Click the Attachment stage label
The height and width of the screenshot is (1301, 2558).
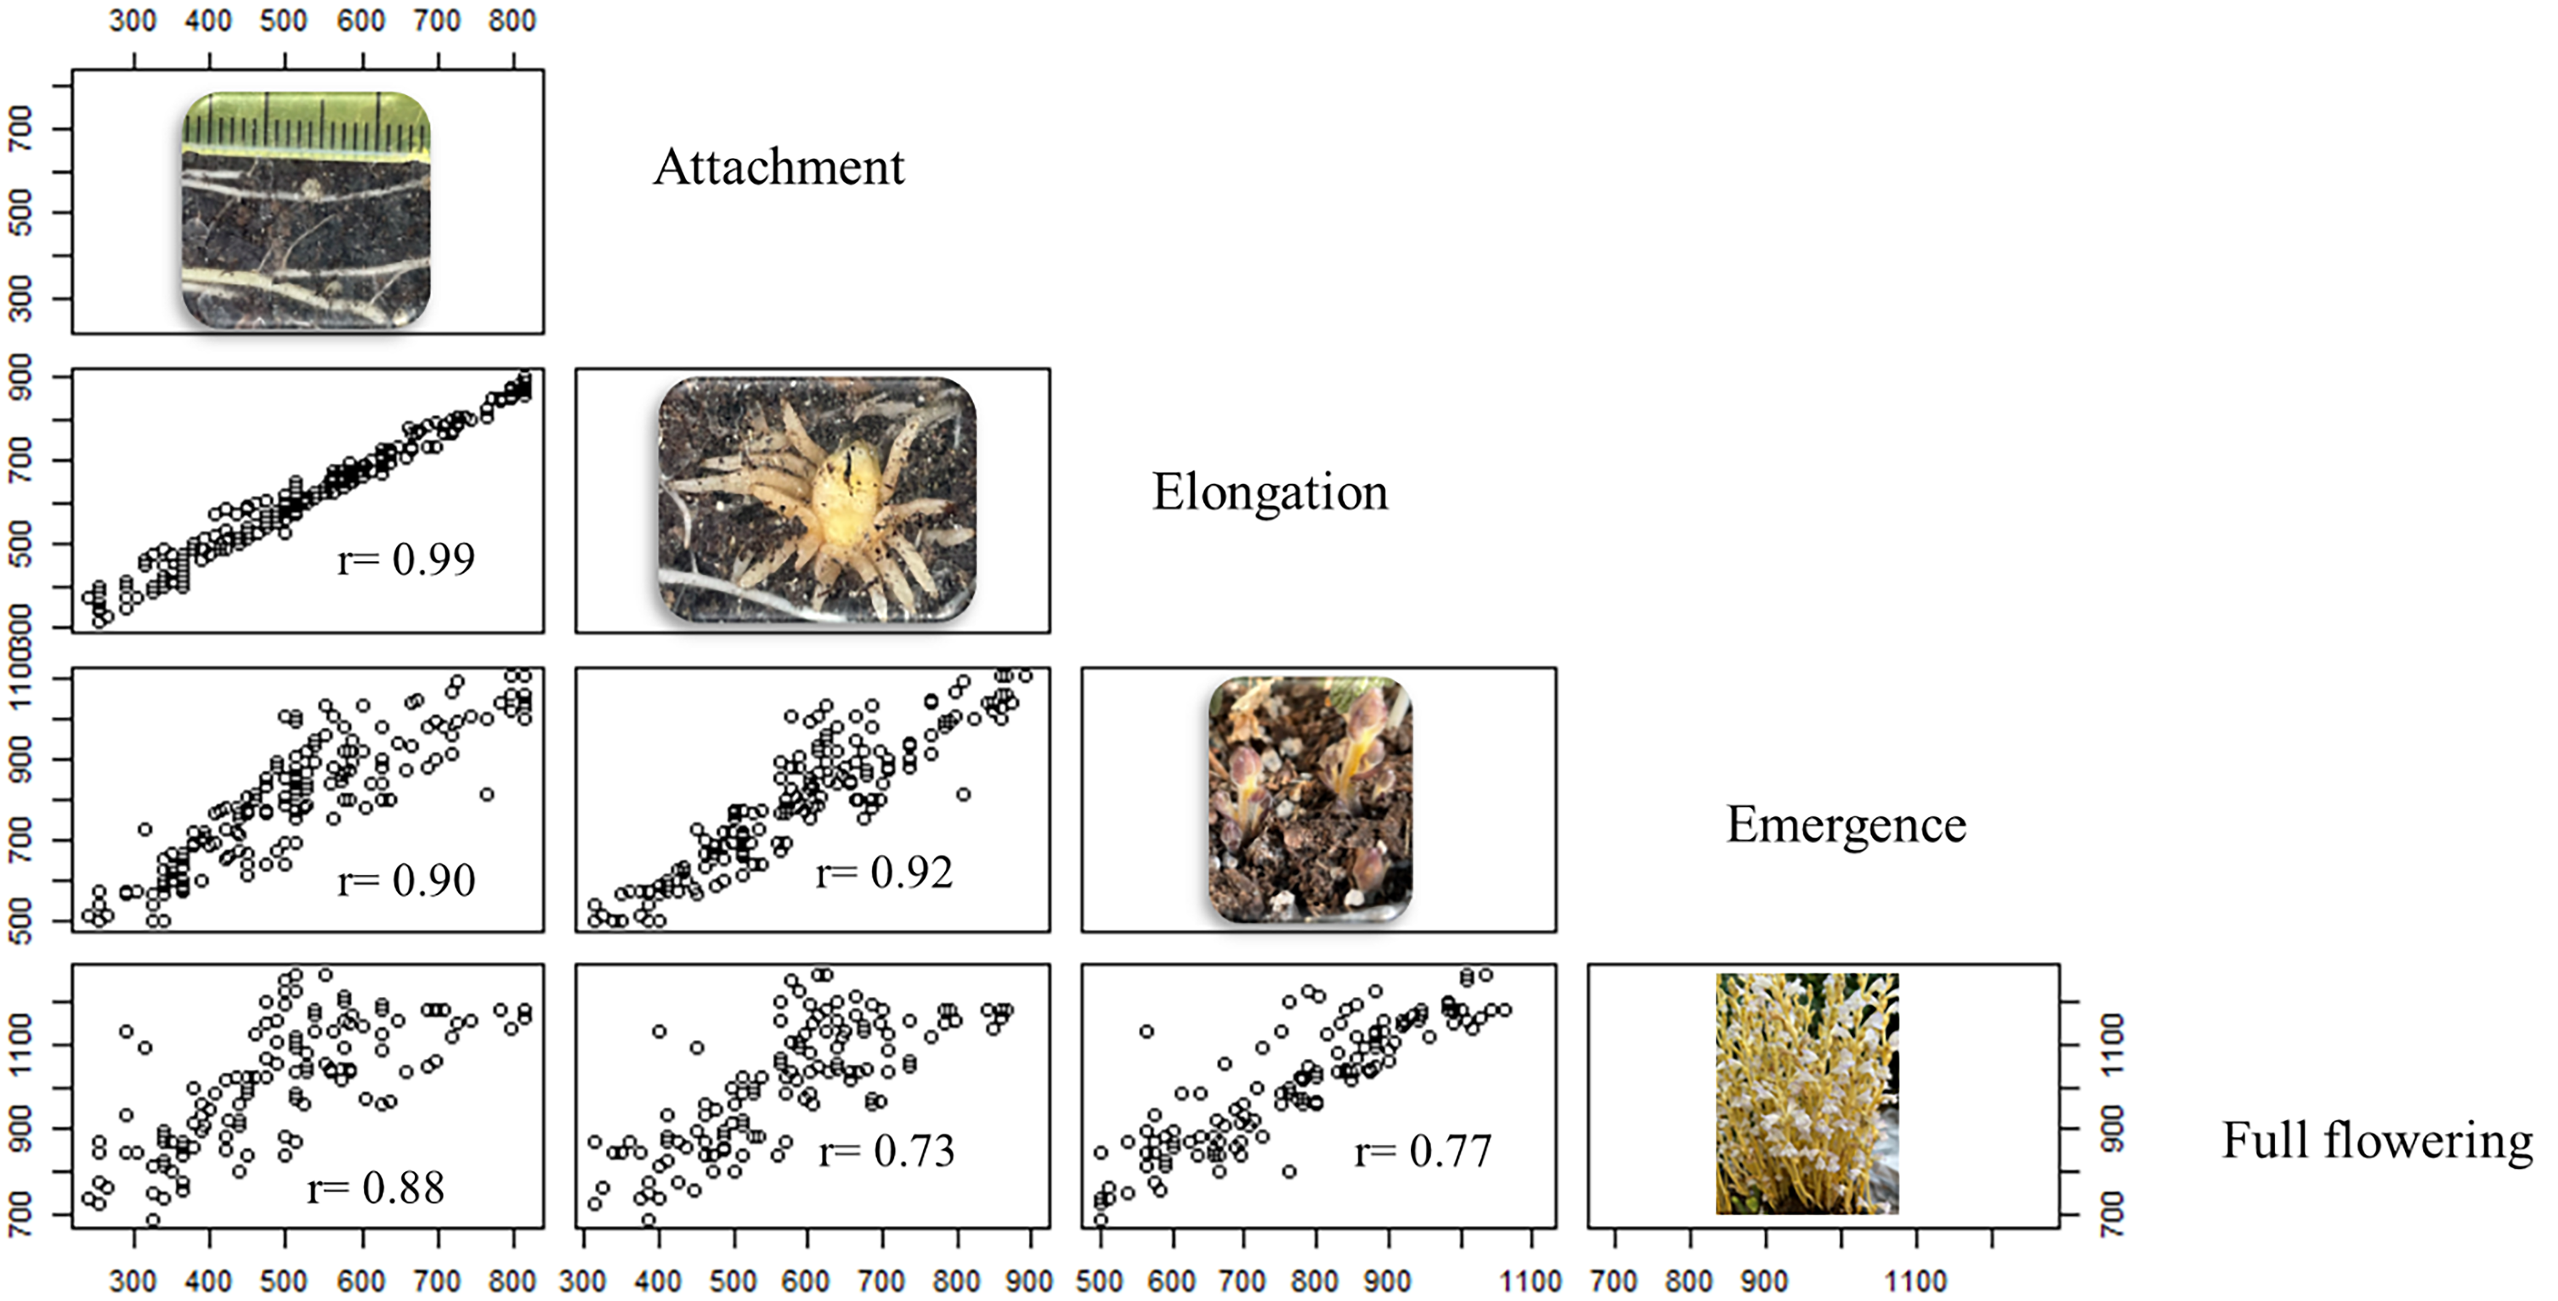click(778, 167)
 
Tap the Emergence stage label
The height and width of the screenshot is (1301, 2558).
click(1845, 824)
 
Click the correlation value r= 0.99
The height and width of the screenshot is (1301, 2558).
click(406, 559)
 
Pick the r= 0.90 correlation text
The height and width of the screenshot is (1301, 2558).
click(406, 880)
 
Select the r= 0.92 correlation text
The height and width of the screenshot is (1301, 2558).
click(884, 873)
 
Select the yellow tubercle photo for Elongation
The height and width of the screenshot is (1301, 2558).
click(816, 500)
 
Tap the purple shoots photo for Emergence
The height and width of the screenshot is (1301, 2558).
click(1310, 800)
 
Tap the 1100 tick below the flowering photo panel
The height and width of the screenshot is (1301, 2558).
click(1915, 1281)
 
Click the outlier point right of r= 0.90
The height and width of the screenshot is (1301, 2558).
click(487, 795)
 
